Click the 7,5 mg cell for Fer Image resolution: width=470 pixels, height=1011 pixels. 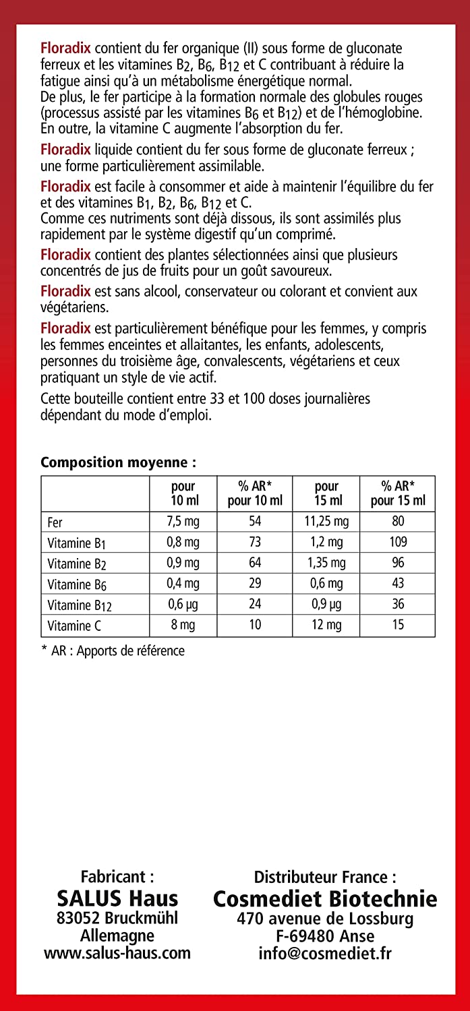183,522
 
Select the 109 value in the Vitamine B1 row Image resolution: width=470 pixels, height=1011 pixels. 398,543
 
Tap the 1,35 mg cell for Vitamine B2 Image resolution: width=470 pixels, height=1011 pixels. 326,563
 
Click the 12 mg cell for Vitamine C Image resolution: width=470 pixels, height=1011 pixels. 326,625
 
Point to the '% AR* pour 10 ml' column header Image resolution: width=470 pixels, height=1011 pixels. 255,493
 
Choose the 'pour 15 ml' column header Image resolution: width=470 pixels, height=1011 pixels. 326,493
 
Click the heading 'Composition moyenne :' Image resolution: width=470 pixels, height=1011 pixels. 119,462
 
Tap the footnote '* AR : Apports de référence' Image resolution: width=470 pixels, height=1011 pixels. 113,651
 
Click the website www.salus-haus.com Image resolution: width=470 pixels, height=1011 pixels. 117,953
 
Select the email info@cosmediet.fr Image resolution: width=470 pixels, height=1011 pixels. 325,953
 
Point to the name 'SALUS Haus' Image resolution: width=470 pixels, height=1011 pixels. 117,898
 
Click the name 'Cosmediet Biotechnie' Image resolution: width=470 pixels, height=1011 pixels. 325,898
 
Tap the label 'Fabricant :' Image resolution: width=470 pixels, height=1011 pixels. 117,877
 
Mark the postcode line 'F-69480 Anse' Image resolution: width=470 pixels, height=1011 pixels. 325,936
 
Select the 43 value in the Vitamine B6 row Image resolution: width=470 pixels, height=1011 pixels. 398,584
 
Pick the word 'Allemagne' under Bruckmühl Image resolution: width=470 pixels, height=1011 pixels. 117,936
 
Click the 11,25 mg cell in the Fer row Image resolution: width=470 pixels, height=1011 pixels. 326,522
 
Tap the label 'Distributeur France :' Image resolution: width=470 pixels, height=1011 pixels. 325,877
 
